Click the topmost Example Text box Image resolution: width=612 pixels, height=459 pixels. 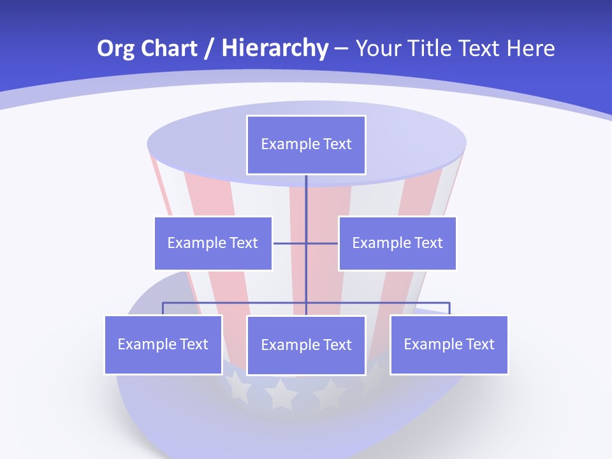coord(306,145)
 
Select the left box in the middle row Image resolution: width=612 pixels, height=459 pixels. coord(213,243)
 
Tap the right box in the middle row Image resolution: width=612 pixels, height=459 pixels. coord(397,243)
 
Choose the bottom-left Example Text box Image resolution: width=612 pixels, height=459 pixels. coord(163,344)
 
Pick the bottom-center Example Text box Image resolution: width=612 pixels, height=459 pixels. coord(306,345)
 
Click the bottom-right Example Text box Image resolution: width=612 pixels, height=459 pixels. coord(449,344)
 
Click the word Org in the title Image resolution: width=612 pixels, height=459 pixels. coord(116,48)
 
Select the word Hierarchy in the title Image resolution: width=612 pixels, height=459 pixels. coord(274,48)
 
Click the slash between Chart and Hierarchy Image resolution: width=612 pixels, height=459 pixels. coord(209,48)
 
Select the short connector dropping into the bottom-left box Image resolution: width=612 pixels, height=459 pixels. coord(163,309)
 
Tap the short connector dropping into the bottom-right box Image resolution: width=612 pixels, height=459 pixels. coord(449,309)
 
